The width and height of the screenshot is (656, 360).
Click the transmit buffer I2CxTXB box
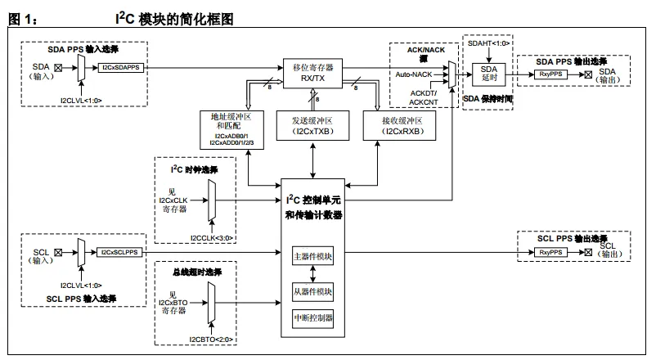(x=313, y=126)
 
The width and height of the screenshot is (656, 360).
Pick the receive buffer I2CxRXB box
(x=405, y=126)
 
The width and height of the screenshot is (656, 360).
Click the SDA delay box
(x=488, y=74)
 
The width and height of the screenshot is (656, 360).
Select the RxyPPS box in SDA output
(x=555, y=74)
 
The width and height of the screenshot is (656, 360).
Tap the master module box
(x=313, y=256)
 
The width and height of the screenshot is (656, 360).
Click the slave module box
(x=313, y=291)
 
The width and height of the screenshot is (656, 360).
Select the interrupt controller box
(x=313, y=317)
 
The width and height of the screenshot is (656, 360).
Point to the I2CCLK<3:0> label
(x=212, y=237)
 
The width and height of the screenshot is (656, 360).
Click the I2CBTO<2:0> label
(x=212, y=338)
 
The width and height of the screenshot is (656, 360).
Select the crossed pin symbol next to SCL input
(x=57, y=253)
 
